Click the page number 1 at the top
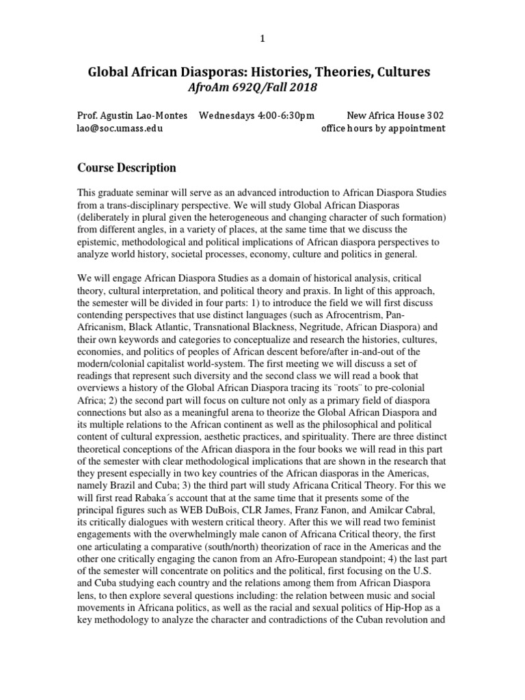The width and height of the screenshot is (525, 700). pyautogui.click(x=262, y=39)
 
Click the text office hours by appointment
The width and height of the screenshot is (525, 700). pyautogui.click(x=383, y=128)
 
